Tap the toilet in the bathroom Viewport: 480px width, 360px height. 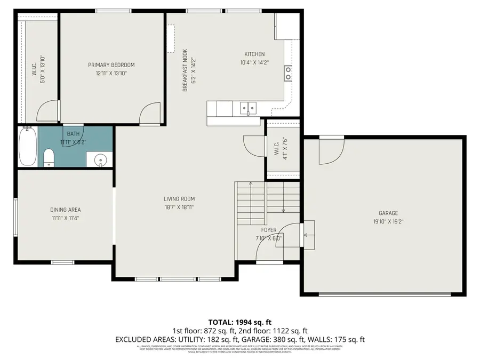(49, 157)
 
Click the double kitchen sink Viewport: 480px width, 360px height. (247, 108)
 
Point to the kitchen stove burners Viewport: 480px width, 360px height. (288, 73)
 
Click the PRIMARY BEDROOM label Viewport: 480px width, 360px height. (111, 65)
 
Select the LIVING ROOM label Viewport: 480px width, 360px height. (179, 199)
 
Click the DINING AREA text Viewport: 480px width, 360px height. (66, 210)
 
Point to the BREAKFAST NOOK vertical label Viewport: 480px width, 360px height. (185, 70)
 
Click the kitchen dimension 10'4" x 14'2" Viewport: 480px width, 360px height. (254, 62)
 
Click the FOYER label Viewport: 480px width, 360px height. (269, 230)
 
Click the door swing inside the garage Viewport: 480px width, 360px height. (330, 151)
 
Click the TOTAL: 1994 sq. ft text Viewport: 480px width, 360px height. (240, 322)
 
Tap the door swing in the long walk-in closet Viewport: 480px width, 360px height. (46, 111)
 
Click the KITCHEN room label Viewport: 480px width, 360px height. (254, 54)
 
